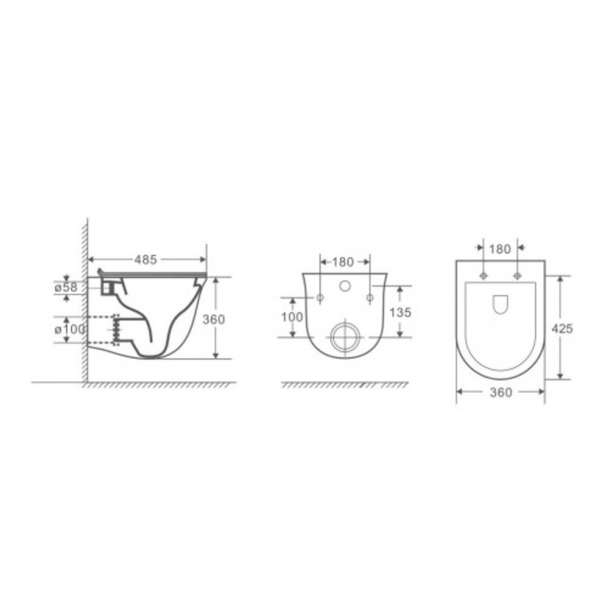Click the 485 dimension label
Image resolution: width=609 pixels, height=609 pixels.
point(146,259)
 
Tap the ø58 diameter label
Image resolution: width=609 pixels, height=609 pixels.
point(66,288)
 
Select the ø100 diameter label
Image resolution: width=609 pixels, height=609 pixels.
point(70,329)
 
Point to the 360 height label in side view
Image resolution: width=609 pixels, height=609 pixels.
point(214,319)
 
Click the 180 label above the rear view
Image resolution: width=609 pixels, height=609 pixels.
point(343,262)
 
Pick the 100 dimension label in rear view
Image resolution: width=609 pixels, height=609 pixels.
point(292,317)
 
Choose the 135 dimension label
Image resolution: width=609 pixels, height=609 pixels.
point(400,312)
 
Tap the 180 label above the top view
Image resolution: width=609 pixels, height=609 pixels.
point(500,249)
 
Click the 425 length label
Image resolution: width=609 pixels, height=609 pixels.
point(562,329)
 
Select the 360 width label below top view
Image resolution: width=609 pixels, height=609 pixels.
point(501,392)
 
